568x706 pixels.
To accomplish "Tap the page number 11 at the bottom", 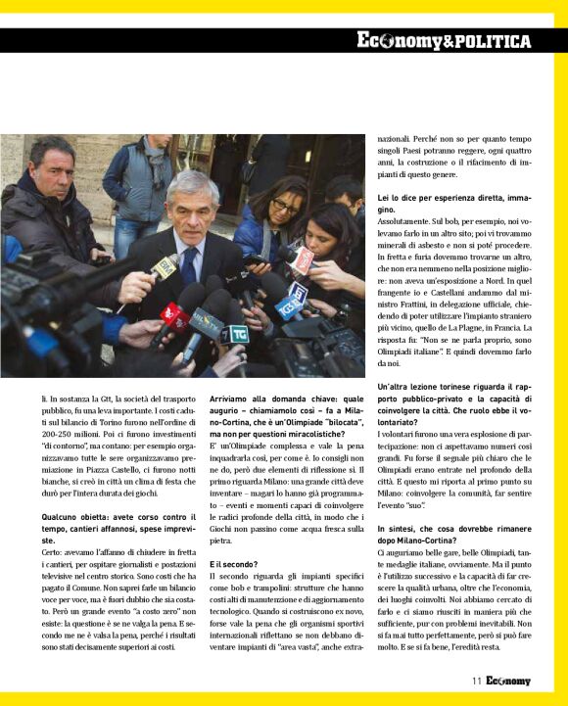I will [x=475, y=681].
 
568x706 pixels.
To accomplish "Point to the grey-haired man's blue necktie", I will [x=189, y=262].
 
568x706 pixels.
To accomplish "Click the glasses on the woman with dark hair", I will [x=285, y=206].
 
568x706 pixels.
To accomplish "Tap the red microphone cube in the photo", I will [x=174, y=315].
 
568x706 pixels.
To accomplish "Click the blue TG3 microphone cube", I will [x=288, y=306].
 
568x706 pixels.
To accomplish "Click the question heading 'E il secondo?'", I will [x=233, y=564].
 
